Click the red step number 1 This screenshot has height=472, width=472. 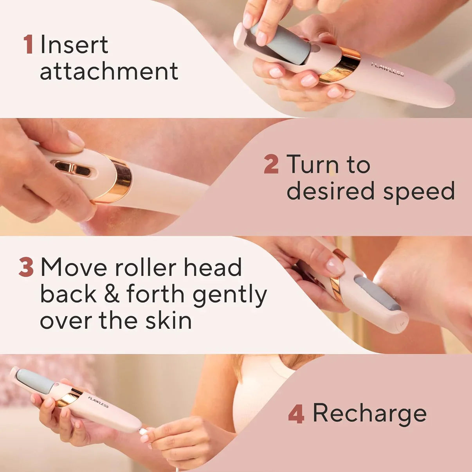(x=28, y=45)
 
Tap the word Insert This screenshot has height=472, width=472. (x=74, y=45)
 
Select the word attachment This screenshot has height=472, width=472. (x=109, y=71)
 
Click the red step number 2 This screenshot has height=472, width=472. (x=271, y=164)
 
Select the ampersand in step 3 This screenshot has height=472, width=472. (x=112, y=294)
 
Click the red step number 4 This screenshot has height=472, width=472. (x=296, y=414)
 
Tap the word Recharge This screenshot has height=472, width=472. (x=369, y=413)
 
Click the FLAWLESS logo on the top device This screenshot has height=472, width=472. (x=387, y=69)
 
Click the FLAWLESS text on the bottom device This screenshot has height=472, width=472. (x=98, y=402)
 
